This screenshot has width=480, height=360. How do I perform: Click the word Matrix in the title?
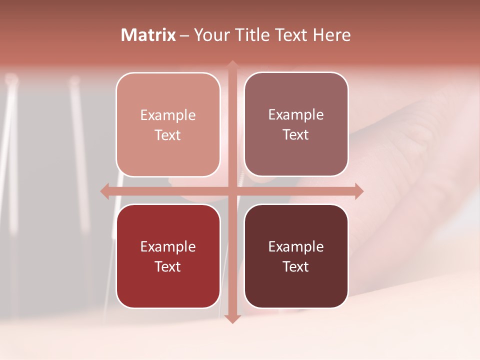pyautogui.click(x=148, y=35)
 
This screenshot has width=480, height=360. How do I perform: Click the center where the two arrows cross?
pyautogui.click(x=232, y=191)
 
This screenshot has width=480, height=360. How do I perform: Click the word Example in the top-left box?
pyautogui.click(x=168, y=115)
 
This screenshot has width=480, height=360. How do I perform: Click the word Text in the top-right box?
pyautogui.click(x=296, y=135)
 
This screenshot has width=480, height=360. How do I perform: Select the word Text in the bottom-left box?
pyautogui.click(x=168, y=266)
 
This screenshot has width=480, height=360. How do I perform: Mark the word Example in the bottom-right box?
pyautogui.click(x=296, y=246)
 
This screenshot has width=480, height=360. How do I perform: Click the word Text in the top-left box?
pyautogui.click(x=168, y=135)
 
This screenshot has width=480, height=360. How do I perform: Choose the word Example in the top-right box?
pyautogui.click(x=296, y=115)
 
